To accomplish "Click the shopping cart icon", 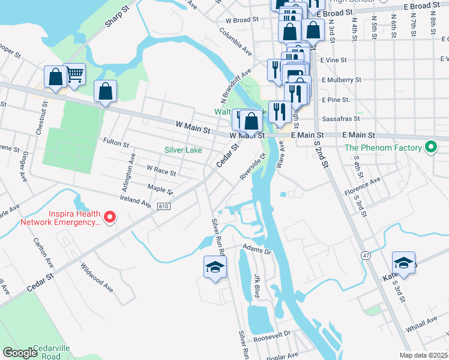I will tap(75, 74).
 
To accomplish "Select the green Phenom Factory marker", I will tap(430, 147).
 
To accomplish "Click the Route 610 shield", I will tap(163, 206).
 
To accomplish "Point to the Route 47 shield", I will tap(365, 255).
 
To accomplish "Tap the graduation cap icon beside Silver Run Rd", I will tap(215, 266).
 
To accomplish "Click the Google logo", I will tap(20, 353).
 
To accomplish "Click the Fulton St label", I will tap(116, 144).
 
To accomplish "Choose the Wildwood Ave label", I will tap(97, 278).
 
